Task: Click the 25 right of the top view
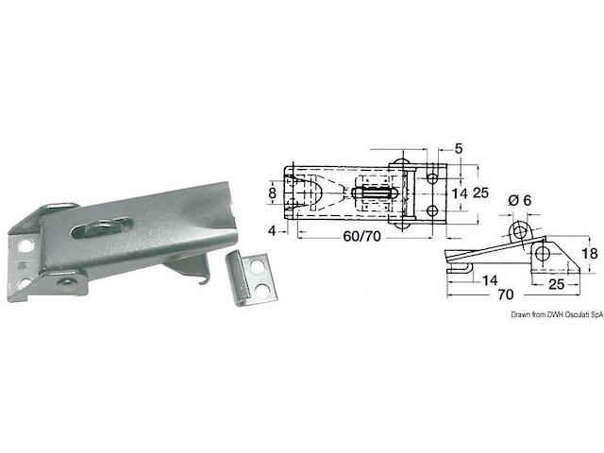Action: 480,193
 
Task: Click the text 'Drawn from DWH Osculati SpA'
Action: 556,318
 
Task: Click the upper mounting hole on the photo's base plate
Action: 27,244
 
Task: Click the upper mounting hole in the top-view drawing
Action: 431,176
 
